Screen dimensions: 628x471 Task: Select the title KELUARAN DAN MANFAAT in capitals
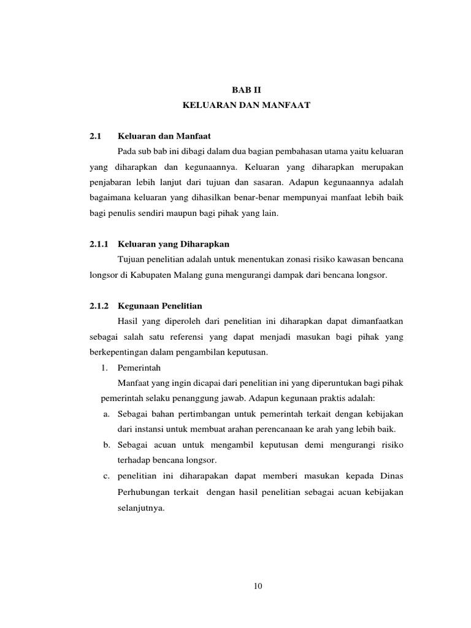[x=247, y=105]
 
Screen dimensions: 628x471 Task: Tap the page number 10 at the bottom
[x=258, y=586]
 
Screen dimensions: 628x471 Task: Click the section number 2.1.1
[x=99, y=244]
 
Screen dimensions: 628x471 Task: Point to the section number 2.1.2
[x=99, y=305]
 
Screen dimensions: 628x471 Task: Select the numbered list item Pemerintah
[x=139, y=368]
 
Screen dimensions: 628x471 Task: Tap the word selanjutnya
[x=139, y=508]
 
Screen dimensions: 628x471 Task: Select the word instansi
[x=153, y=428]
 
